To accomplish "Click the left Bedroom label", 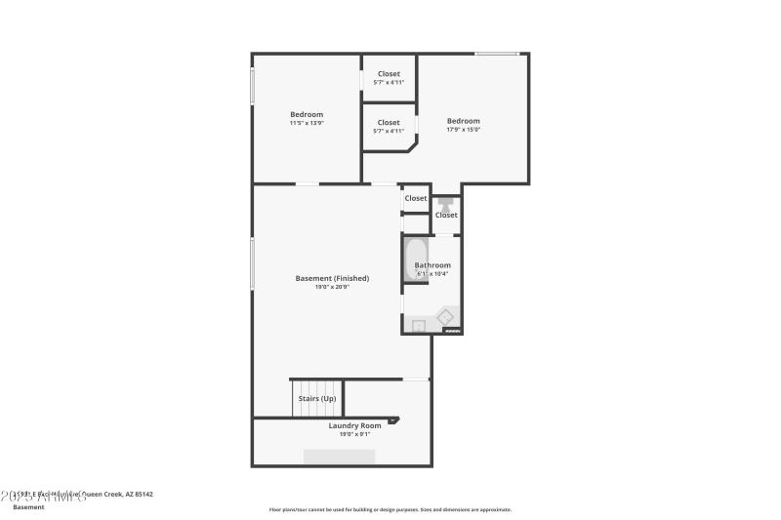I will click(307, 114).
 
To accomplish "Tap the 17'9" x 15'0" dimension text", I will click(464, 130).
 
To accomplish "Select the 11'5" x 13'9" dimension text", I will click(307, 123).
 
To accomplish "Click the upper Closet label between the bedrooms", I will click(389, 74).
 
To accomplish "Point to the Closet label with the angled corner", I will click(389, 123).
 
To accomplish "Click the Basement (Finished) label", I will click(332, 278).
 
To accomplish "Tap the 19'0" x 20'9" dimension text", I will click(332, 287).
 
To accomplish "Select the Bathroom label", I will click(432, 265).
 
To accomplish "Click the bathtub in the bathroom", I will click(413, 260).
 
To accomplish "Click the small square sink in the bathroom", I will click(418, 326).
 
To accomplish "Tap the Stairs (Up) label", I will click(317, 398).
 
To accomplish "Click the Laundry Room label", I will click(354, 425).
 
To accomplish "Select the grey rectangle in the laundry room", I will click(339, 457).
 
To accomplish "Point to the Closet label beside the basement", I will click(416, 198).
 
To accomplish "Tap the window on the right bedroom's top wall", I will click(496, 54).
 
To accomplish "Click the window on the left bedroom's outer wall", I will click(253, 84).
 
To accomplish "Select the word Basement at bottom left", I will click(28, 507).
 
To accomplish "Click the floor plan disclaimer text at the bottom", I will click(390, 509).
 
